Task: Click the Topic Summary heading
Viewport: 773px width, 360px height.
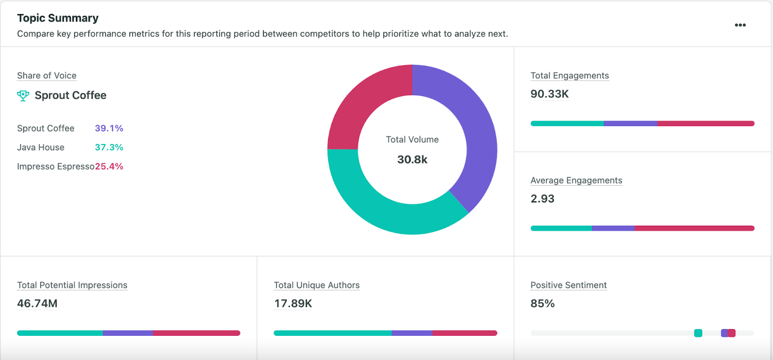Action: pyautogui.click(x=57, y=18)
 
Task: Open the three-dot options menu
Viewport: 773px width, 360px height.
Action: pyautogui.click(x=740, y=25)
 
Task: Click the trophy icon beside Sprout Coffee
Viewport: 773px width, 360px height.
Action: pyautogui.click(x=23, y=96)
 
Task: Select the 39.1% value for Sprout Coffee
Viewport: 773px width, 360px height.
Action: pyautogui.click(x=109, y=129)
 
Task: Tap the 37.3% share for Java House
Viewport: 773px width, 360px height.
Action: pyautogui.click(x=109, y=147)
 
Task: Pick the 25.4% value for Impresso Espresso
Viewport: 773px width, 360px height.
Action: pyautogui.click(x=109, y=167)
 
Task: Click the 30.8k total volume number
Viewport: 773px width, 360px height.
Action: pyautogui.click(x=412, y=160)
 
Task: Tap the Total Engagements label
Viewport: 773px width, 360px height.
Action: pyautogui.click(x=569, y=76)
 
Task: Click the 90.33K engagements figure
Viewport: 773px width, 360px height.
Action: pyautogui.click(x=549, y=94)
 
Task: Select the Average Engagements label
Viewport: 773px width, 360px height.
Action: pyautogui.click(x=576, y=181)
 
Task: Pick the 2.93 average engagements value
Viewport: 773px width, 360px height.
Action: pyautogui.click(x=542, y=199)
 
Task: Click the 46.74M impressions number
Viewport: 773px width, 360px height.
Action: pyautogui.click(x=37, y=304)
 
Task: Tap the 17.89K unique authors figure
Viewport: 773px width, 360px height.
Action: pyautogui.click(x=293, y=304)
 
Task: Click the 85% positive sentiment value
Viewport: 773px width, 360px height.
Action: pyautogui.click(x=542, y=304)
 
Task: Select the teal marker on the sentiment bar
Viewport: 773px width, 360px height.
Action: pyautogui.click(x=698, y=333)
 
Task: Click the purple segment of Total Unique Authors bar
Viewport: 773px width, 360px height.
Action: pyautogui.click(x=412, y=333)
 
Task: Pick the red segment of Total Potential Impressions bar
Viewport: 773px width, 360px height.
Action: pyautogui.click(x=196, y=333)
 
